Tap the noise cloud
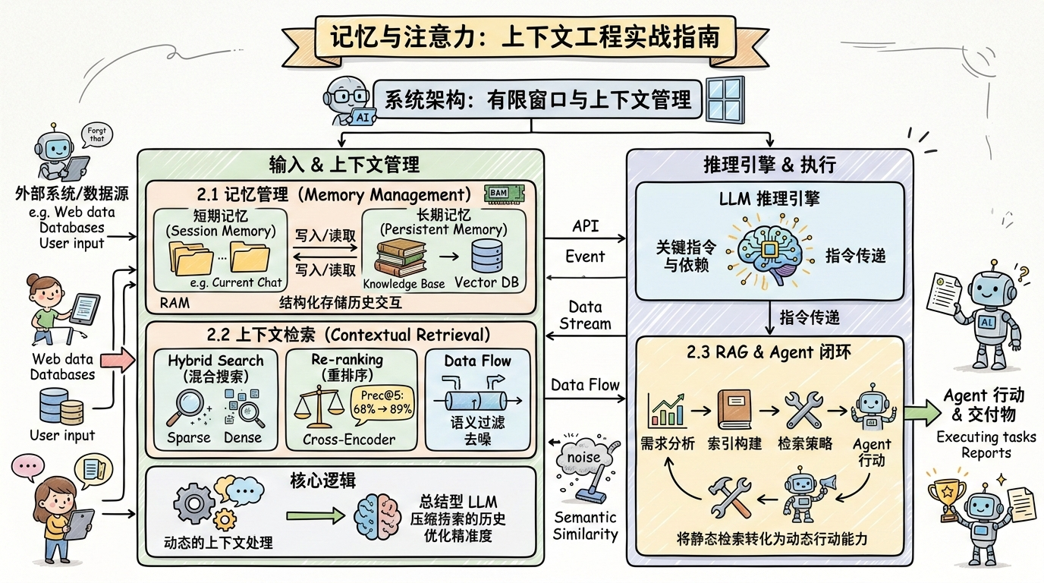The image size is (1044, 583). pyautogui.click(x=583, y=456)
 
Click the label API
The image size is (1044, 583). pyautogui.click(x=585, y=227)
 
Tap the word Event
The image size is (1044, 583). pyautogui.click(x=585, y=257)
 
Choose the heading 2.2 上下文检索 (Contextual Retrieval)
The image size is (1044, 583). pyautogui.click(x=339, y=335)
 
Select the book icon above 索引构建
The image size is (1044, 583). pyautogui.click(x=732, y=410)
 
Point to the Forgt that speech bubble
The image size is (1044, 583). pyautogui.click(x=96, y=137)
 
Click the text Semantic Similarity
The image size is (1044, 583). pyautogui.click(x=585, y=525)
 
